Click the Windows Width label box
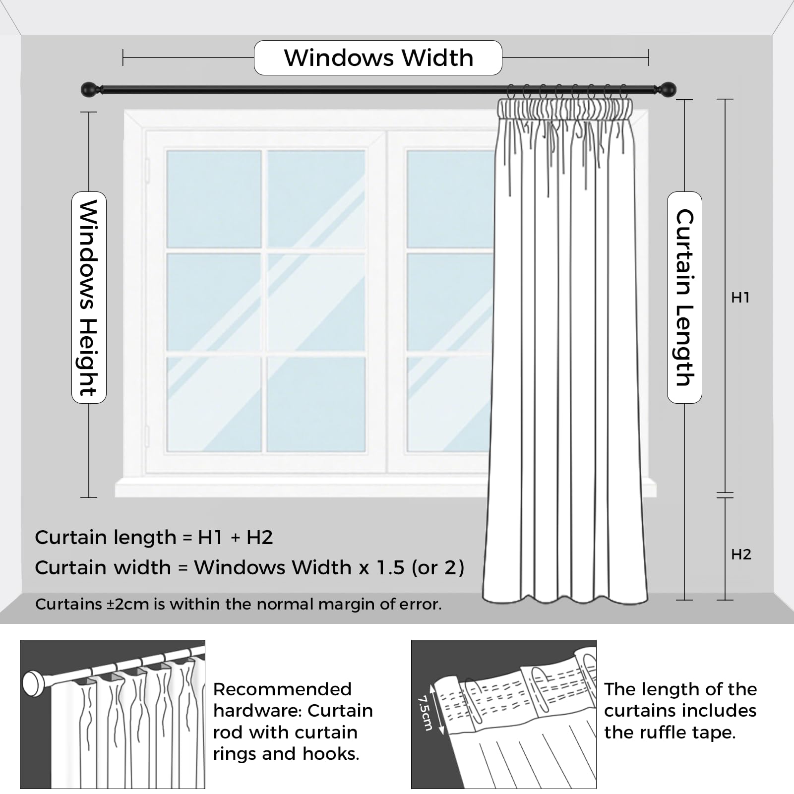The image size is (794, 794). click(378, 58)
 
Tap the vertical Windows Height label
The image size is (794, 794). click(89, 298)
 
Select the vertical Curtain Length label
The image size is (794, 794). click(684, 298)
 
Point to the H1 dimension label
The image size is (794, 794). click(740, 298)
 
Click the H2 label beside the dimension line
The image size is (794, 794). click(741, 554)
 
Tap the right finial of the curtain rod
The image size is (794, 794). click(668, 90)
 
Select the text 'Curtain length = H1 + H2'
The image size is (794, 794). click(154, 538)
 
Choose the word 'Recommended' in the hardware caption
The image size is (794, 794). click(282, 689)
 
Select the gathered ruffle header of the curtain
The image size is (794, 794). click(565, 108)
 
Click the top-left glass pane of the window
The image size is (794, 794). click(214, 198)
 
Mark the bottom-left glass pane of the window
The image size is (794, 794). click(214, 403)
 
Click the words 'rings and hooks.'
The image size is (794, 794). click(286, 754)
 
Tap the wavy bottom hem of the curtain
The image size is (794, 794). click(565, 599)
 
